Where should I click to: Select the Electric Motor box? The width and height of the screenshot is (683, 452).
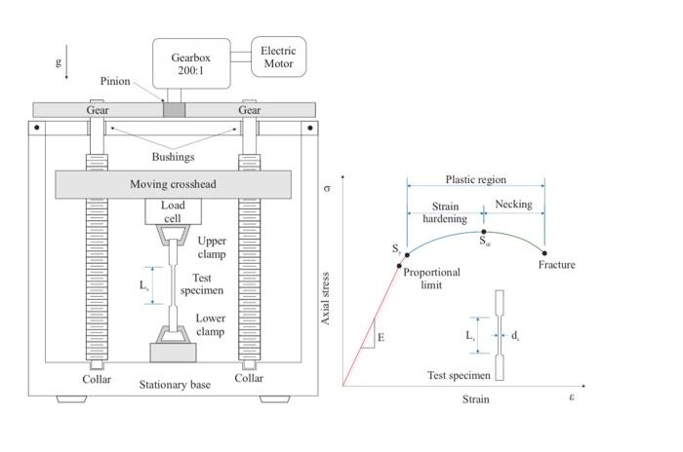[278, 56]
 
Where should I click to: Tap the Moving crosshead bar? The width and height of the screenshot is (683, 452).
[173, 184]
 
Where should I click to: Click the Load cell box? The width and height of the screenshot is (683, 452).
[173, 211]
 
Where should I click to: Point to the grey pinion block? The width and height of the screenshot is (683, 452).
[174, 110]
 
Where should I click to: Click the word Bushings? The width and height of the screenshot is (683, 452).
[173, 157]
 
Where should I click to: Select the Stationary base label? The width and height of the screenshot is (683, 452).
[175, 385]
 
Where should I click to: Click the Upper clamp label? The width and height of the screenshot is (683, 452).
[211, 247]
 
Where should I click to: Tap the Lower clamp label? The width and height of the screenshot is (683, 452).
[211, 324]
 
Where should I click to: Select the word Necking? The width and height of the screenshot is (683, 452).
[514, 205]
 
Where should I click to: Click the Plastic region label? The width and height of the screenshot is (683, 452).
[475, 180]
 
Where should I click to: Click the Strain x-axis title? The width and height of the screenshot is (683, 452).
[475, 399]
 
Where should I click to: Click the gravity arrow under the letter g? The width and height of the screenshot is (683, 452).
[67, 70]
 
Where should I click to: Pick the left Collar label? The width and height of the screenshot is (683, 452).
[97, 379]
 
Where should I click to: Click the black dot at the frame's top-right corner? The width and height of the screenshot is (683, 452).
[310, 128]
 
